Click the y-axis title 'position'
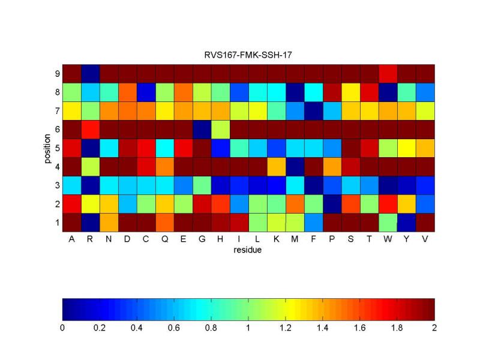[x=47, y=148]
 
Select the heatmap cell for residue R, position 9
[x=90, y=73]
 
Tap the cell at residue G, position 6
[x=202, y=129]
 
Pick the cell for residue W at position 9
[x=388, y=73]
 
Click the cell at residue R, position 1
[x=90, y=222]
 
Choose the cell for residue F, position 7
[x=313, y=110]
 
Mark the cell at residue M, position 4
[x=295, y=166]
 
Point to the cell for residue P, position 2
[x=332, y=203]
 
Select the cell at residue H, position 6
[x=220, y=129]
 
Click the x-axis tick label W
[x=388, y=239]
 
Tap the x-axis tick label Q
[x=164, y=239]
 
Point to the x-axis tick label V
[x=425, y=239]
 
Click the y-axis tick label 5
[x=56, y=148]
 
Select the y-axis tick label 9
[x=56, y=73]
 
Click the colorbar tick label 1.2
[x=286, y=328]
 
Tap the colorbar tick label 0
[x=62, y=328]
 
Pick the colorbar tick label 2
[x=434, y=328]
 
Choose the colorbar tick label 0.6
[x=174, y=328]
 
